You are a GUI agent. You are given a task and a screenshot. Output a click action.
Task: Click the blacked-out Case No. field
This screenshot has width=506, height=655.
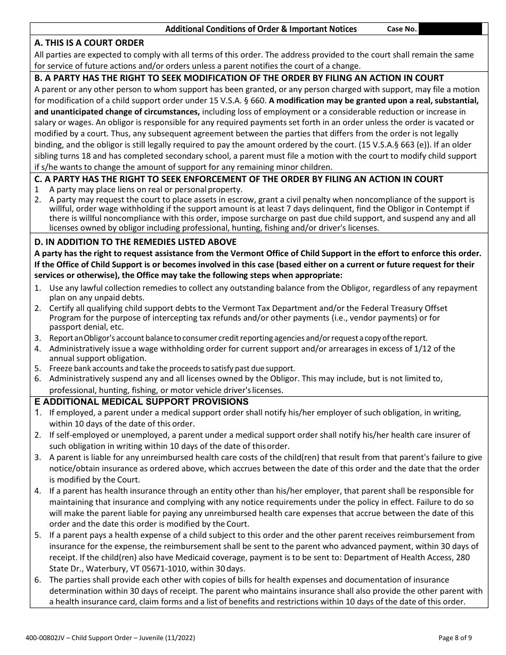pyautogui.click(x=453, y=29)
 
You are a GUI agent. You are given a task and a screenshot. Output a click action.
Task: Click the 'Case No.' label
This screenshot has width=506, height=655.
pyautogui.click(x=402, y=29)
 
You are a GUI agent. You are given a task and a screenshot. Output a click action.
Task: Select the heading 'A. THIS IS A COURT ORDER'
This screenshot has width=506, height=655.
pyautogui.click(x=89, y=43)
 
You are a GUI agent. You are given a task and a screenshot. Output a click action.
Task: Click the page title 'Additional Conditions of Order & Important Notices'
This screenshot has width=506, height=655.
pyautogui.click(x=261, y=29)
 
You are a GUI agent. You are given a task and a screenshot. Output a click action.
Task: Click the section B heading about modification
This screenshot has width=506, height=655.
pyautogui.click(x=239, y=78)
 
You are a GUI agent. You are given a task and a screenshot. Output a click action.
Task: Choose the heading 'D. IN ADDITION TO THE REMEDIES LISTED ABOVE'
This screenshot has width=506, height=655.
pyautogui.click(x=135, y=242)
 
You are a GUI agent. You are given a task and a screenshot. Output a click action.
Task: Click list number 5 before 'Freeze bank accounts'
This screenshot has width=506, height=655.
pyautogui.click(x=37, y=369)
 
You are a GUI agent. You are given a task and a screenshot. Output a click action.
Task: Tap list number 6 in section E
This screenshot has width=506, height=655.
pyautogui.click(x=37, y=579)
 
